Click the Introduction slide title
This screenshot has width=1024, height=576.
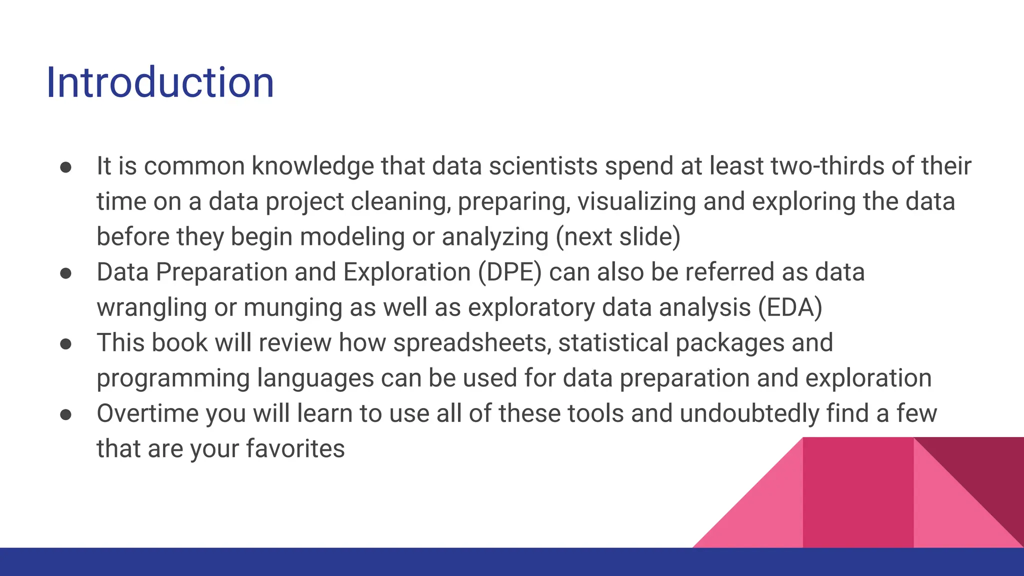pyautogui.click(x=160, y=82)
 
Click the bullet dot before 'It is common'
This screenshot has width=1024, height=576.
pyautogui.click(x=66, y=167)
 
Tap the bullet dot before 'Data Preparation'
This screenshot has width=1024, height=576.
pyautogui.click(x=66, y=273)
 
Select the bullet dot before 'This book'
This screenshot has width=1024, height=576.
pyautogui.click(x=66, y=344)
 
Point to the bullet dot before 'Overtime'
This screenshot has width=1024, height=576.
pyautogui.click(x=66, y=414)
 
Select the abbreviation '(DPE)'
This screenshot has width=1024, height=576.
pyautogui.click(x=509, y=272)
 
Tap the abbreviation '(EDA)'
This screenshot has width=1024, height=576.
pyautogui.click(x=790, y=307)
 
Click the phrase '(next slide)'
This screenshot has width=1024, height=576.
pyautogui.click(x=618, y=237)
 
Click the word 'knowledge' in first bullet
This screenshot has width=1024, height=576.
pyautogui.click(x=312, y=166)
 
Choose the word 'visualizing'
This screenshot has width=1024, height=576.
pyautogui.click(x=636, y=202)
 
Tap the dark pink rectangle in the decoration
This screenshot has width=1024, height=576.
pyautogui.click(x=858, y=492)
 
